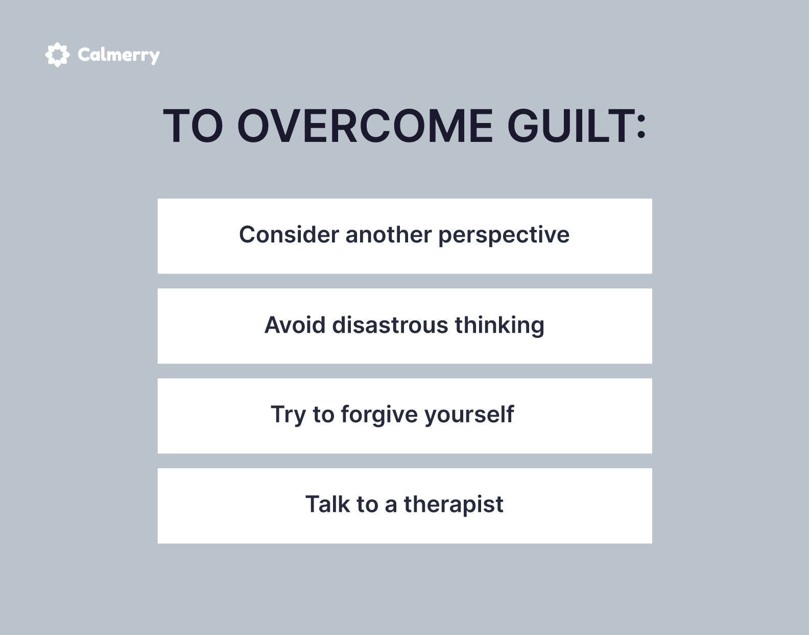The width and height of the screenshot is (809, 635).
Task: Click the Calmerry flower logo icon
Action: pos(57,55)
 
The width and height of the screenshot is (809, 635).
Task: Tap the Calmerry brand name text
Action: pos(119,56)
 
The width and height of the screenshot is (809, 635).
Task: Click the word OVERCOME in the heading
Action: pos(365,126)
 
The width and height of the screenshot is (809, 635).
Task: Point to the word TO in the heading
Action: pos(193,126)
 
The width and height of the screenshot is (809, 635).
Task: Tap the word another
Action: pos(389,235)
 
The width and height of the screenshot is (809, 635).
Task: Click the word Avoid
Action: pos(295,325)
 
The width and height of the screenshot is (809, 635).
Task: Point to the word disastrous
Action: pos(390,325)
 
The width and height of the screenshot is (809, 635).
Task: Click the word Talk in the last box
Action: pos(327,504)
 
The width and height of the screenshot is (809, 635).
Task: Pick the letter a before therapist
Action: pos(391,507)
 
